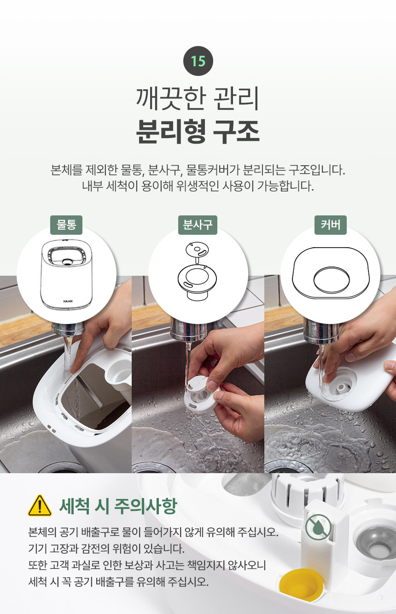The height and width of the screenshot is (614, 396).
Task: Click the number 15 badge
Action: click(x=198, y=61)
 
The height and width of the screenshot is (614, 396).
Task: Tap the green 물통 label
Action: click(x=66, y=225)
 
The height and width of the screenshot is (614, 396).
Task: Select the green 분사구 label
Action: click(x=198, y=225)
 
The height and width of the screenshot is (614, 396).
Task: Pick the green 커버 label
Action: click(x=331, y=225)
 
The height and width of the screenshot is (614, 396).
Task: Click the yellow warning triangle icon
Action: click(x=40, y=506)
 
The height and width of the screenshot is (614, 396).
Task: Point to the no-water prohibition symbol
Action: click(x=318, y=527)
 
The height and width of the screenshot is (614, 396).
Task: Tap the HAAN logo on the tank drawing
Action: click(x=68, y=301)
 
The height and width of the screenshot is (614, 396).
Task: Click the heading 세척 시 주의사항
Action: click(x=118, y=506)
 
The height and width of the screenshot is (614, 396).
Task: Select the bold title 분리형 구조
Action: click(x=198, y=131)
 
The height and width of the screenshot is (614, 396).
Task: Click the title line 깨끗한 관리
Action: click(x=198, y=98)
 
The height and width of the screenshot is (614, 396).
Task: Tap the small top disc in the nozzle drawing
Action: click(x=197, y=250)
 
